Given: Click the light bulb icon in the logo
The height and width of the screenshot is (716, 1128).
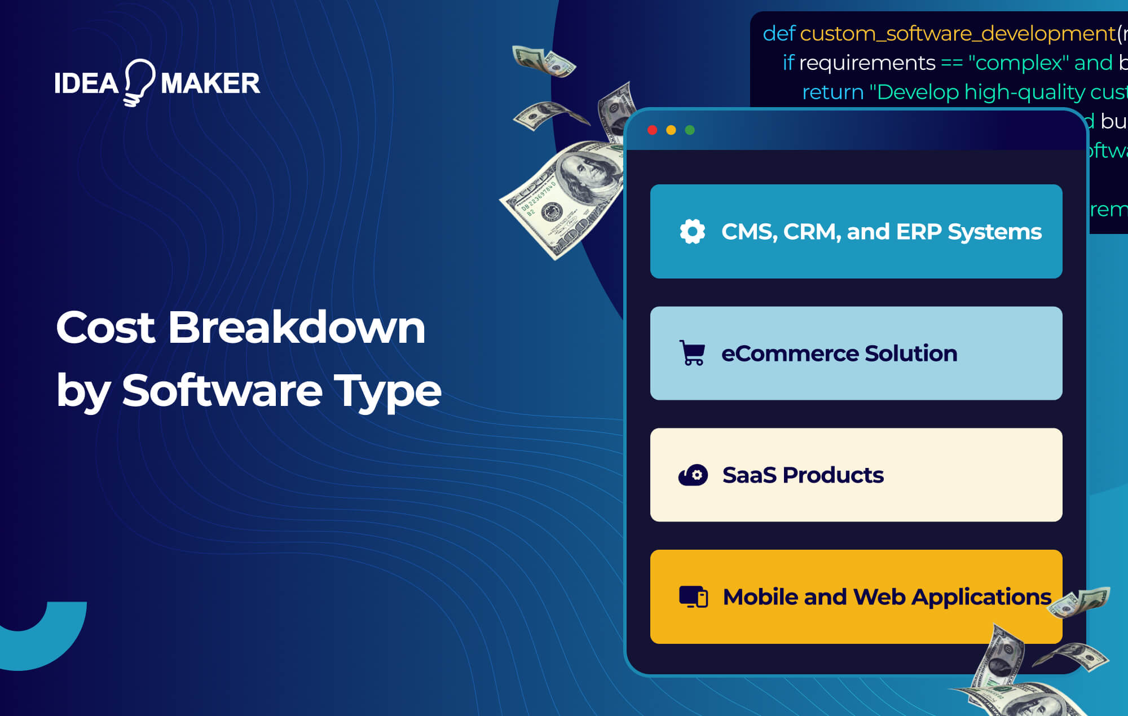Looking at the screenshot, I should (139, 81).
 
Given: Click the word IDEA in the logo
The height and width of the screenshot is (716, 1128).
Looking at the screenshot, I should (86, 83).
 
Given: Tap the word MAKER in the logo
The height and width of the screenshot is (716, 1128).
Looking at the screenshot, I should (210, 83).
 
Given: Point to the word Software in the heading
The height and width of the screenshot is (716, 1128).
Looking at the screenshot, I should (222, 390).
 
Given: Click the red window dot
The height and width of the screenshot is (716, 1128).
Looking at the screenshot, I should (653, 130).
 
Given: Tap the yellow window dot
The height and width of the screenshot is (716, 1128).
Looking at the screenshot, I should (671, 130).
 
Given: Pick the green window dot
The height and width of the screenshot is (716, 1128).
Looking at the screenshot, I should (690, 130).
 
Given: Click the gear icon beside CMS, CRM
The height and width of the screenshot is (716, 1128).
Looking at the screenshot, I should (693, 232).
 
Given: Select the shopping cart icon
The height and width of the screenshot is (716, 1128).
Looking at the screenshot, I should (692, 353).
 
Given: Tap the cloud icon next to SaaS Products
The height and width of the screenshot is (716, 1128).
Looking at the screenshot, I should (693, 475).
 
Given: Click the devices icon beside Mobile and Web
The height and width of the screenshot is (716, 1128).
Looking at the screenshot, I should (694, 596).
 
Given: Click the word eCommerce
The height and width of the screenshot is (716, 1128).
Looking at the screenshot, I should (790, 353).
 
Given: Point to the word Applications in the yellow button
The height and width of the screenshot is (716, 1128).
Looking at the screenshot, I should (981, 597).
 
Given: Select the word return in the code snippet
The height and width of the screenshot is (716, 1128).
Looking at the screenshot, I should (832, 92).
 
